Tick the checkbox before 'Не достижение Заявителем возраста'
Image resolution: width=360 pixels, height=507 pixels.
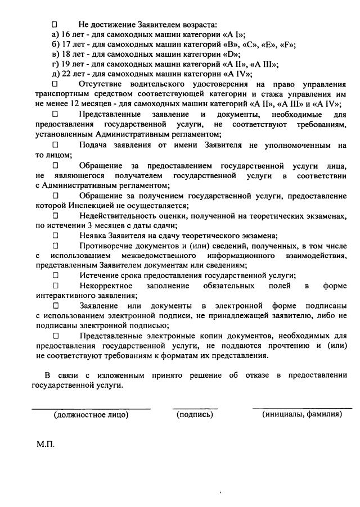55,25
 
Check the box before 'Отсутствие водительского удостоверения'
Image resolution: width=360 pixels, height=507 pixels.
55,84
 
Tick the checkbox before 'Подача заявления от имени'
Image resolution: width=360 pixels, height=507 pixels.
55,145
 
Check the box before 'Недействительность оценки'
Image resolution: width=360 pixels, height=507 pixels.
55,216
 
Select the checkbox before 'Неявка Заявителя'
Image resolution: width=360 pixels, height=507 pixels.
55,236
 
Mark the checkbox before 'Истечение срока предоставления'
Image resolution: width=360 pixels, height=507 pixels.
55,276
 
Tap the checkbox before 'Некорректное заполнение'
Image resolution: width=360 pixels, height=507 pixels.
55,286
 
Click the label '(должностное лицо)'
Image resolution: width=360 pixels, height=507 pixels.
91,415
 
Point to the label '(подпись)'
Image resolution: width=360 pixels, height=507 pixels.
195,415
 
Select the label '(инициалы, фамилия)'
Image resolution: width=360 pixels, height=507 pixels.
302,414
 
